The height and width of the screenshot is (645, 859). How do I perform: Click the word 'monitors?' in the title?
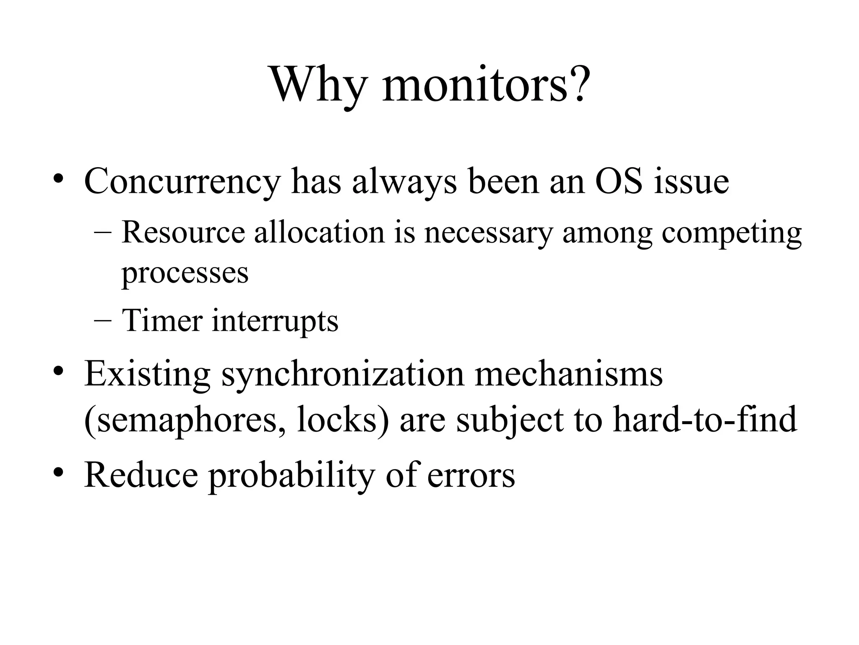[486, 85]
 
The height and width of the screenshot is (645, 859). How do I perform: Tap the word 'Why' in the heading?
[318, 85]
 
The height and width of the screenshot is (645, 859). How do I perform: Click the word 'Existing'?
[147, 375]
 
